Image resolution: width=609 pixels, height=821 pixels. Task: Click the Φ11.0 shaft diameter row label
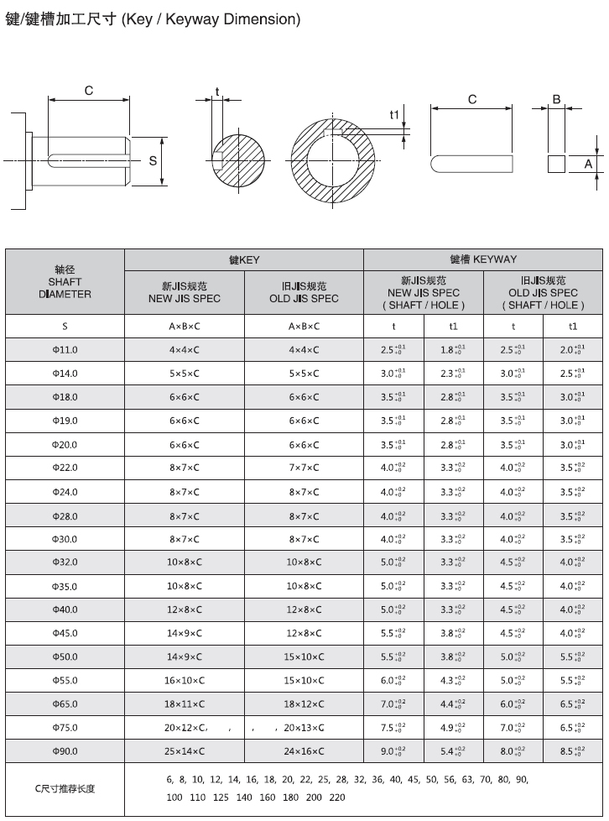coord(65,349)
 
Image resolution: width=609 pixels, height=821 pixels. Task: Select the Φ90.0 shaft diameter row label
coord(65,751)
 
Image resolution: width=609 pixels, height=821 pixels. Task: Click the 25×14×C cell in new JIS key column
coord(185,751)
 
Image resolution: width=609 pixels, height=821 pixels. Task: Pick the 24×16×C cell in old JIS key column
coord(304,751)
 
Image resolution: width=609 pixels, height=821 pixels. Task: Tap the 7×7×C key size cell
coord(304,468)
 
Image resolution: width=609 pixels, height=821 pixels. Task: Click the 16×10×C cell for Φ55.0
coord(185,681)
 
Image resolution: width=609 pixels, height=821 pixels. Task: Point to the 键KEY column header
coord(244,260)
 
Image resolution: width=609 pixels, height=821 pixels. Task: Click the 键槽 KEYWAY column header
coord(483,259)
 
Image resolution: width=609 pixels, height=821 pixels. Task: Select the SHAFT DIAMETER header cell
coord(65,282)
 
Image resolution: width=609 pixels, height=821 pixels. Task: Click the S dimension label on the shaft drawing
coord(153,159)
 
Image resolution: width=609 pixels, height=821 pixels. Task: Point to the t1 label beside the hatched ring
coord(394,114)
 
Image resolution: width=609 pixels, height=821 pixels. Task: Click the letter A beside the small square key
coord(589,164)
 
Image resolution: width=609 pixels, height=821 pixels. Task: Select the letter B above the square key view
coord(555,99)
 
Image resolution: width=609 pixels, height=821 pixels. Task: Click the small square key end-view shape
coord(556,163)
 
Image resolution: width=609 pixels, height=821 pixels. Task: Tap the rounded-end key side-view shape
coord(472,163)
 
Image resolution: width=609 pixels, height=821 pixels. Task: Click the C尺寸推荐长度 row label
coord(65,788)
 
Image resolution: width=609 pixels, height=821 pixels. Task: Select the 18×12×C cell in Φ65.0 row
coord(304,704)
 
